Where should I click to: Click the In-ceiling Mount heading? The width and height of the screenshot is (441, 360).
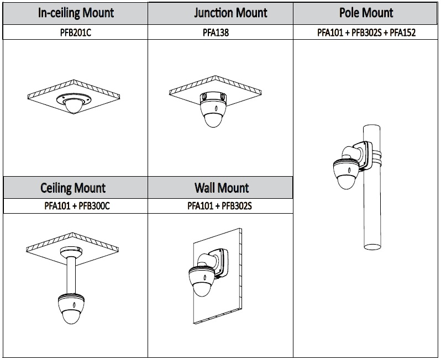[x=76, y=13]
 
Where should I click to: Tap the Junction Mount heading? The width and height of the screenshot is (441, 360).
[x=220, y=13]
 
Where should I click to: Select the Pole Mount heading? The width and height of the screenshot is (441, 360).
[x=366, y=13]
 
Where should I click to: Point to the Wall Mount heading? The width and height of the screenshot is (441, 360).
[x=220, y=188]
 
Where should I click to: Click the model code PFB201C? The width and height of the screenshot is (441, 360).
[x=76, y=33]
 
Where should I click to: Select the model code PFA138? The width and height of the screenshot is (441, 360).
[x=220, y=33]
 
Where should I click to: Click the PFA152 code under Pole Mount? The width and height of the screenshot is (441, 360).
[x=402, y=33]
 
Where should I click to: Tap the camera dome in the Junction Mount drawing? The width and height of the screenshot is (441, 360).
[x=213, y=118]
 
